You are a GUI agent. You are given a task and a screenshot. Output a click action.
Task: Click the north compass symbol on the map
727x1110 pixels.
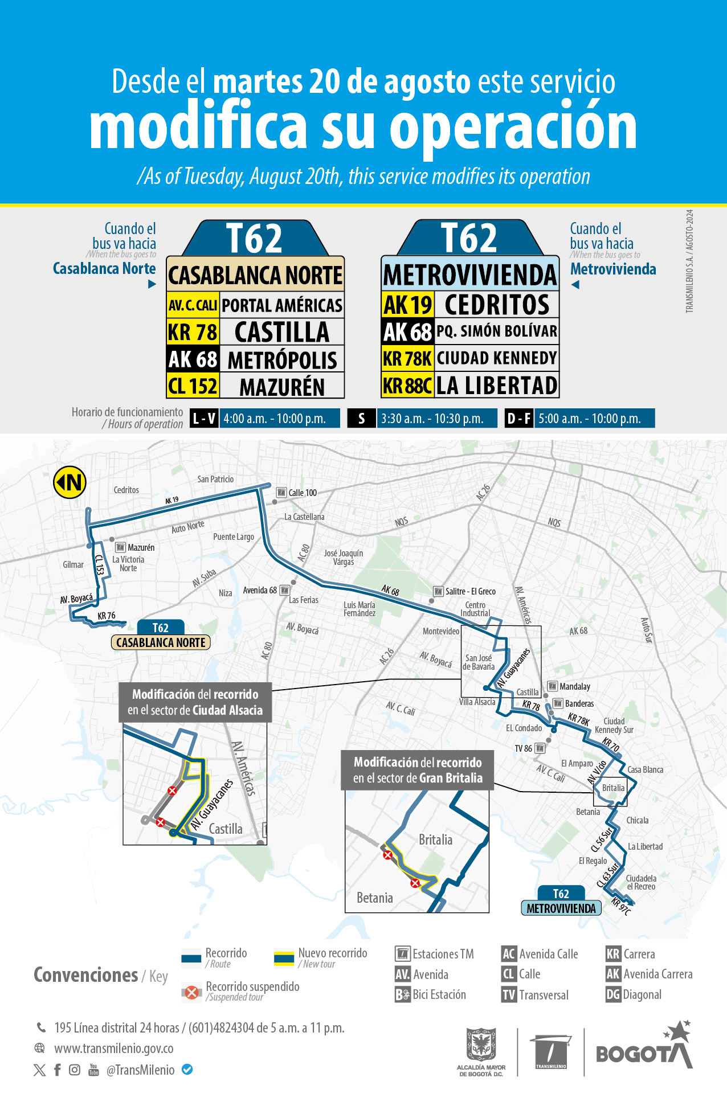(70, 482)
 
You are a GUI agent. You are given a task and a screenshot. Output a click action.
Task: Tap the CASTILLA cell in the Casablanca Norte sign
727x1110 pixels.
(281, 332)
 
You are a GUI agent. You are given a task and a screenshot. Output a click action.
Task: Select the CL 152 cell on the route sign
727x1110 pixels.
(193, 386)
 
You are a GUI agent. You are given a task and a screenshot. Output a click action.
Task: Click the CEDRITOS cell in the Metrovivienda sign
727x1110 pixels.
(497, 305)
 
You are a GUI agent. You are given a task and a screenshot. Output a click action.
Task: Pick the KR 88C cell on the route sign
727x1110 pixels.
(407, 386)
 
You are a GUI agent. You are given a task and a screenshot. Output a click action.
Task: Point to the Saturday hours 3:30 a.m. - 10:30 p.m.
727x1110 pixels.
(432, 419)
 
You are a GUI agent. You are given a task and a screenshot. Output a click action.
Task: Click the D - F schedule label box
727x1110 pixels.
(518, 419)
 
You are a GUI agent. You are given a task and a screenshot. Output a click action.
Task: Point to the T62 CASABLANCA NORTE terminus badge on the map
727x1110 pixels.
(161, 636)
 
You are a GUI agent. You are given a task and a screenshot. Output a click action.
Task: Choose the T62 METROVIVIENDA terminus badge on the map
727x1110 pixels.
(561, 902)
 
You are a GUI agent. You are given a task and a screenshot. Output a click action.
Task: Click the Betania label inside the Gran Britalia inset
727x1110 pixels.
(374, 898)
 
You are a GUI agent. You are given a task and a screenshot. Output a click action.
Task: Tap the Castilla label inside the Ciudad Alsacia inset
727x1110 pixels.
(226, 829)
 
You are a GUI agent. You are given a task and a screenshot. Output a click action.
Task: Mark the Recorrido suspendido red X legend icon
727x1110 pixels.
(192, 993)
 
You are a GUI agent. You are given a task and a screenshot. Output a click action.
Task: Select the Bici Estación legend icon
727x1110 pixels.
(402, 995)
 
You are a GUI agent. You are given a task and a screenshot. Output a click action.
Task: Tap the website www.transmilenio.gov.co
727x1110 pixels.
(113, 1048)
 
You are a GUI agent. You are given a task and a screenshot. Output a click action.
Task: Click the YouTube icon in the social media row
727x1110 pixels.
(93, 1070)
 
